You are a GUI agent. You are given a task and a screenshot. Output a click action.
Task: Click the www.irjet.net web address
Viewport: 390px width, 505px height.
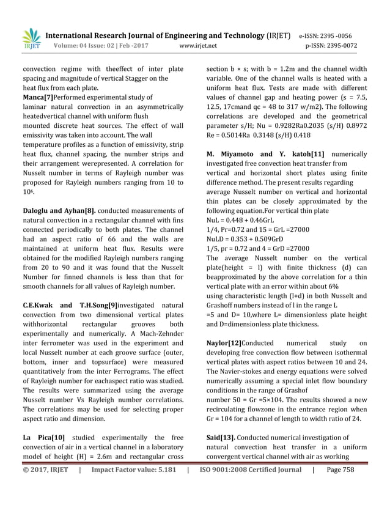[x=198, y=45]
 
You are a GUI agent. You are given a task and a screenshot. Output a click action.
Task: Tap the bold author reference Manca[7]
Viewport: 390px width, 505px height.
[x=37, y=97]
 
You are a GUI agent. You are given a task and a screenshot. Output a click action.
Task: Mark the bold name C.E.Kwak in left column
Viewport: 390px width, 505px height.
[x=42, y=306]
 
